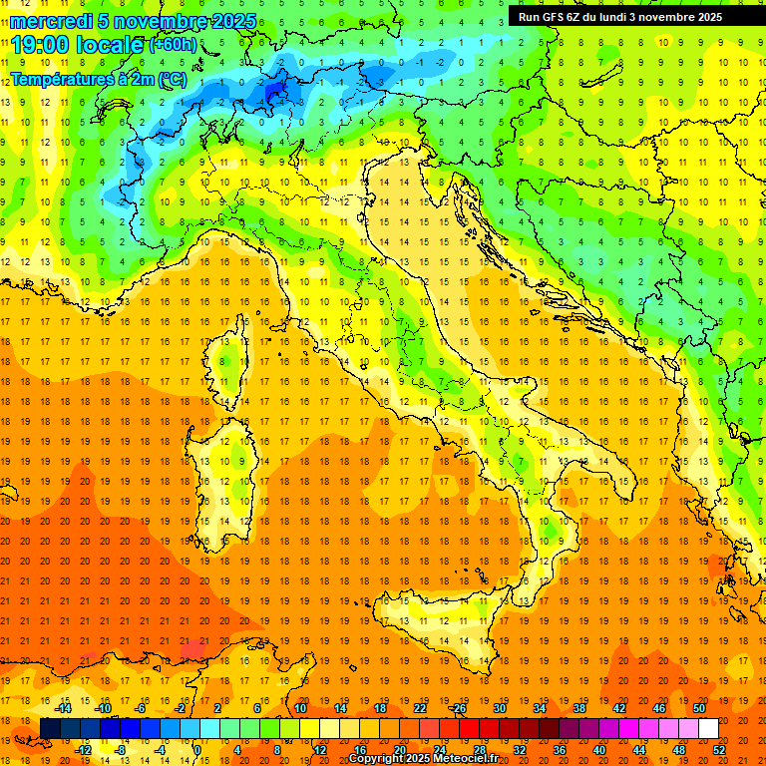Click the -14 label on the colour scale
tap(65, 708)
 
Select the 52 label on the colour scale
tap(719, 750)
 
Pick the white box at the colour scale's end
tap(708, 728)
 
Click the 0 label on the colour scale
tap(197, 750)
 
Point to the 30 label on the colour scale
tap(500, 708)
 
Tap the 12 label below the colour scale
tap(320, 750)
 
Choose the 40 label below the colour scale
tap(598, 750)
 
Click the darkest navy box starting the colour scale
tap(50, 728)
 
